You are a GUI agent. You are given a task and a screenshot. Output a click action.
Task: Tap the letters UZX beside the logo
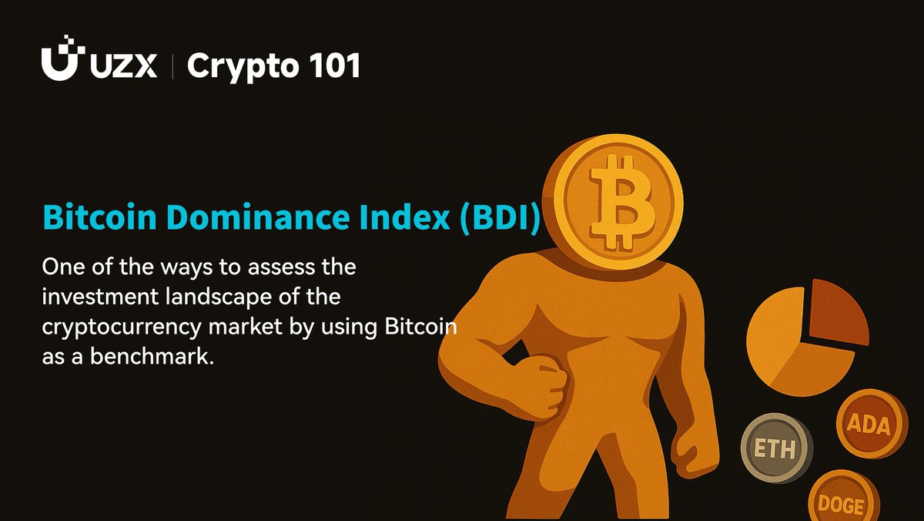pos(123,66)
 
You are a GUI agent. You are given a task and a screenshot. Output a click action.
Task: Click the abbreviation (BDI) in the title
pos(500,218)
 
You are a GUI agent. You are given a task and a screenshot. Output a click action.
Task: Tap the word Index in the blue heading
pos(404,217)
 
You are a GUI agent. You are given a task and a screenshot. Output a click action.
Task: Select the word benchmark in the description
pos(152,356)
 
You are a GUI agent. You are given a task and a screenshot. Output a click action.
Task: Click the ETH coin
pos(775,448)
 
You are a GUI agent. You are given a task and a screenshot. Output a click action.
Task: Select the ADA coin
pos(871,424)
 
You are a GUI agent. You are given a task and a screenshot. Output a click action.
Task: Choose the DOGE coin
pos(842,496)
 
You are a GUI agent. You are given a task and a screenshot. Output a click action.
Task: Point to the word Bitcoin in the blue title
pos(100,217)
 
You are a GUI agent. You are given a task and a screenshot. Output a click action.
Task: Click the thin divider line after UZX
pos(172,66)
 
